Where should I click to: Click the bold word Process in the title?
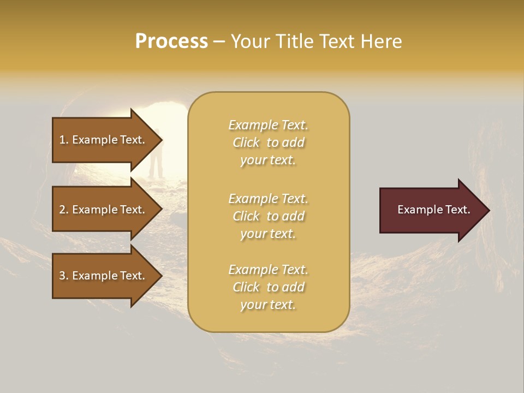[171, 41]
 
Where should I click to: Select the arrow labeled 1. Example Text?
[102, 140]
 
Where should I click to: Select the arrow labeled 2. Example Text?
[102, 210]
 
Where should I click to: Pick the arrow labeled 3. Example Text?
[102, 276]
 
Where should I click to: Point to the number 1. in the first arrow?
[64, 140]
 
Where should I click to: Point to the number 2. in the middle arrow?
[64, 210]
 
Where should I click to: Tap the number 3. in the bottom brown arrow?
[64, 276]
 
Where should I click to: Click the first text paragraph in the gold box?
[268, 142]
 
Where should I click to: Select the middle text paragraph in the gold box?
[268, 216]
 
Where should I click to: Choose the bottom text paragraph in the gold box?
[268, 287]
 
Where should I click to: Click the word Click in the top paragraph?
[246, 142]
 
